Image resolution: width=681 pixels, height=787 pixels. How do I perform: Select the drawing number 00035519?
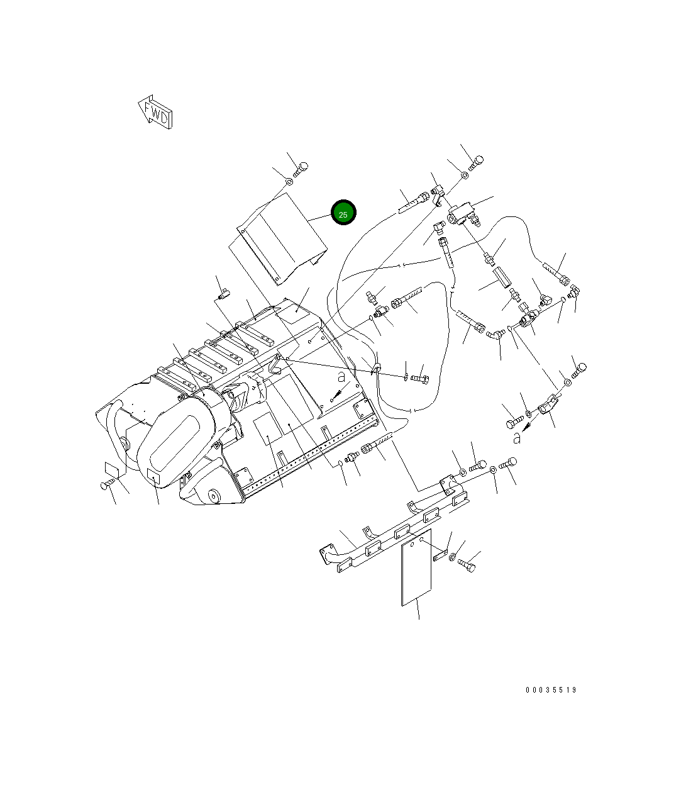point(551,690)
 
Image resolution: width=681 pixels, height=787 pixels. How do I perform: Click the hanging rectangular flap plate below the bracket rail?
point(417,567)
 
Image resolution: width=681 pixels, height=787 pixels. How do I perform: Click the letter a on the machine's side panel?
point(341,377)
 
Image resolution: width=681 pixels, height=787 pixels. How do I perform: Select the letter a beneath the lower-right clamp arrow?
point(517,437)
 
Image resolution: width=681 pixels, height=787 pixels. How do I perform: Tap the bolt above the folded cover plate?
point(301,169)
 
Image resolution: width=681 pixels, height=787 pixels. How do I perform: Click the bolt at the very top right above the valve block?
point(476,163)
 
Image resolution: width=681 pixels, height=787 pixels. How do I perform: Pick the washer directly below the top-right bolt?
point(465,174)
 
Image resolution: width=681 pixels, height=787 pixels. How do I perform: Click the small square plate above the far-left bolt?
point(112,469)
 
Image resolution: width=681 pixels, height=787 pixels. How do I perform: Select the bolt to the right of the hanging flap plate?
point(467,565)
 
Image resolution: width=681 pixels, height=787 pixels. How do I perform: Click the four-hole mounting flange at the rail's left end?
point(328,557)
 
